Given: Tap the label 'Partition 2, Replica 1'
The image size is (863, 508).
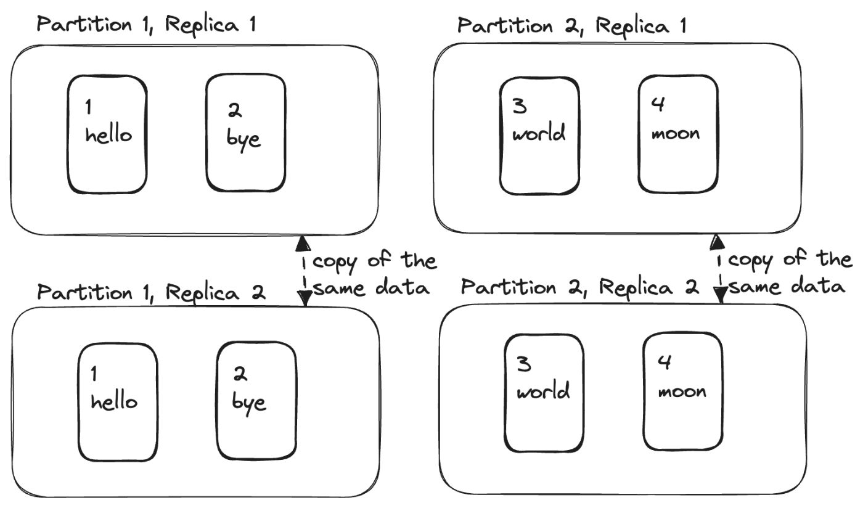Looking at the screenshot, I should point(572,25).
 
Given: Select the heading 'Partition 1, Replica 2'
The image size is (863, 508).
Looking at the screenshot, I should point(151,292).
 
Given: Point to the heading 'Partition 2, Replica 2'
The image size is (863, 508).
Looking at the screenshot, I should point(579,287).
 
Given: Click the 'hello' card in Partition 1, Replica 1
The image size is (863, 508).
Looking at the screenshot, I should point(107,134).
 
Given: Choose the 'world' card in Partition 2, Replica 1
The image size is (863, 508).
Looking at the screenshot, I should point(539,135).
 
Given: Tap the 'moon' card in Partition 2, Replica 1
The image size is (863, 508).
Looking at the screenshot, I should point(677,134).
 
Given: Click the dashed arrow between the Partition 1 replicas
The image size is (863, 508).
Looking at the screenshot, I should point(303,270).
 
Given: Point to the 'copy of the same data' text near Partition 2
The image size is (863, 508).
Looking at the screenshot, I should point(789,272).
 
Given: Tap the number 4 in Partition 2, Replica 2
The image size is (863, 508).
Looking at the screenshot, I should point(664,364).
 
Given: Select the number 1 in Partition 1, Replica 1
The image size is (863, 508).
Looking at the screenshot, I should point(88,107).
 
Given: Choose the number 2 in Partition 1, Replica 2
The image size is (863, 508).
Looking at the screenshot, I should point(239,374).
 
